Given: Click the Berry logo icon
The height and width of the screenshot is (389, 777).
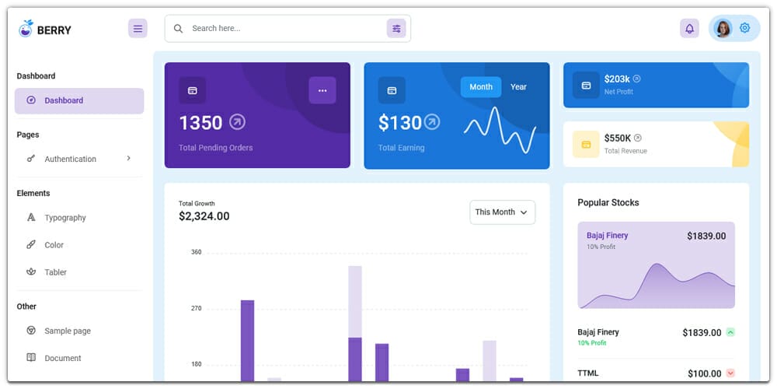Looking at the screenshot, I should tap(26, 29).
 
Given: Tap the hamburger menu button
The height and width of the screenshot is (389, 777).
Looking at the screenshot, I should tap(138, 29).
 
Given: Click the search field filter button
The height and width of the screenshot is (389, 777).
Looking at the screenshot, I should tap(396, 29).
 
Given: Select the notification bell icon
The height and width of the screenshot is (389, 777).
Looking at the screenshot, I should tap(689, 29).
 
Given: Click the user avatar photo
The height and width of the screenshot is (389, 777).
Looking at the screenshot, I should tap(723, 29).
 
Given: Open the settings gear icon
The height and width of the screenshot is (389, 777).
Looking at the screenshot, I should tap(745, 28).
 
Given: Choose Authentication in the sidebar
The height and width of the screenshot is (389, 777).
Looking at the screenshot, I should tap(70, 159).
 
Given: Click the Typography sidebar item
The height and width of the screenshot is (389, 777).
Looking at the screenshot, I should tap(65, 218).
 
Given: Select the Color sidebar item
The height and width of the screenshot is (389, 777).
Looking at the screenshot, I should tap(54, 245).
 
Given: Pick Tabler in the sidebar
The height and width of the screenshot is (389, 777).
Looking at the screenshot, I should tap(55, 272).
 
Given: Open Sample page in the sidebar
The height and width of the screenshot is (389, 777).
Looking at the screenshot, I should tap(67, 331).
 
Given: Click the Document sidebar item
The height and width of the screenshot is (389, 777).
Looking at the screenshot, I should tap(62, 358).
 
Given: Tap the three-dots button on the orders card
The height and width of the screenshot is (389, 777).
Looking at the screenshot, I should tap(322, 90).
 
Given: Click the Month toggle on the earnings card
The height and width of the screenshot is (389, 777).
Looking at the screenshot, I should tap(481, 87).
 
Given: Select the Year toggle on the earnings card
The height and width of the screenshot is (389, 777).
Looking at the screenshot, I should tap(518, 87).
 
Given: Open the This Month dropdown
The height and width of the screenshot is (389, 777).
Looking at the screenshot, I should tap(502, 212).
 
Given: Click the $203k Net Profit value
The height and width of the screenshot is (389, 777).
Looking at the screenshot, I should tap(617, 79).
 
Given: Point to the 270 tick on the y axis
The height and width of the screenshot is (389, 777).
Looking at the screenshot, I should tap(196, 308).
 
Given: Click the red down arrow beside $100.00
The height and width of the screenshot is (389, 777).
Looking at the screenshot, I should tap(730, 373).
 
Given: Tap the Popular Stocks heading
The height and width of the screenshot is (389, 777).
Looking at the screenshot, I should tap(608, 202).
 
